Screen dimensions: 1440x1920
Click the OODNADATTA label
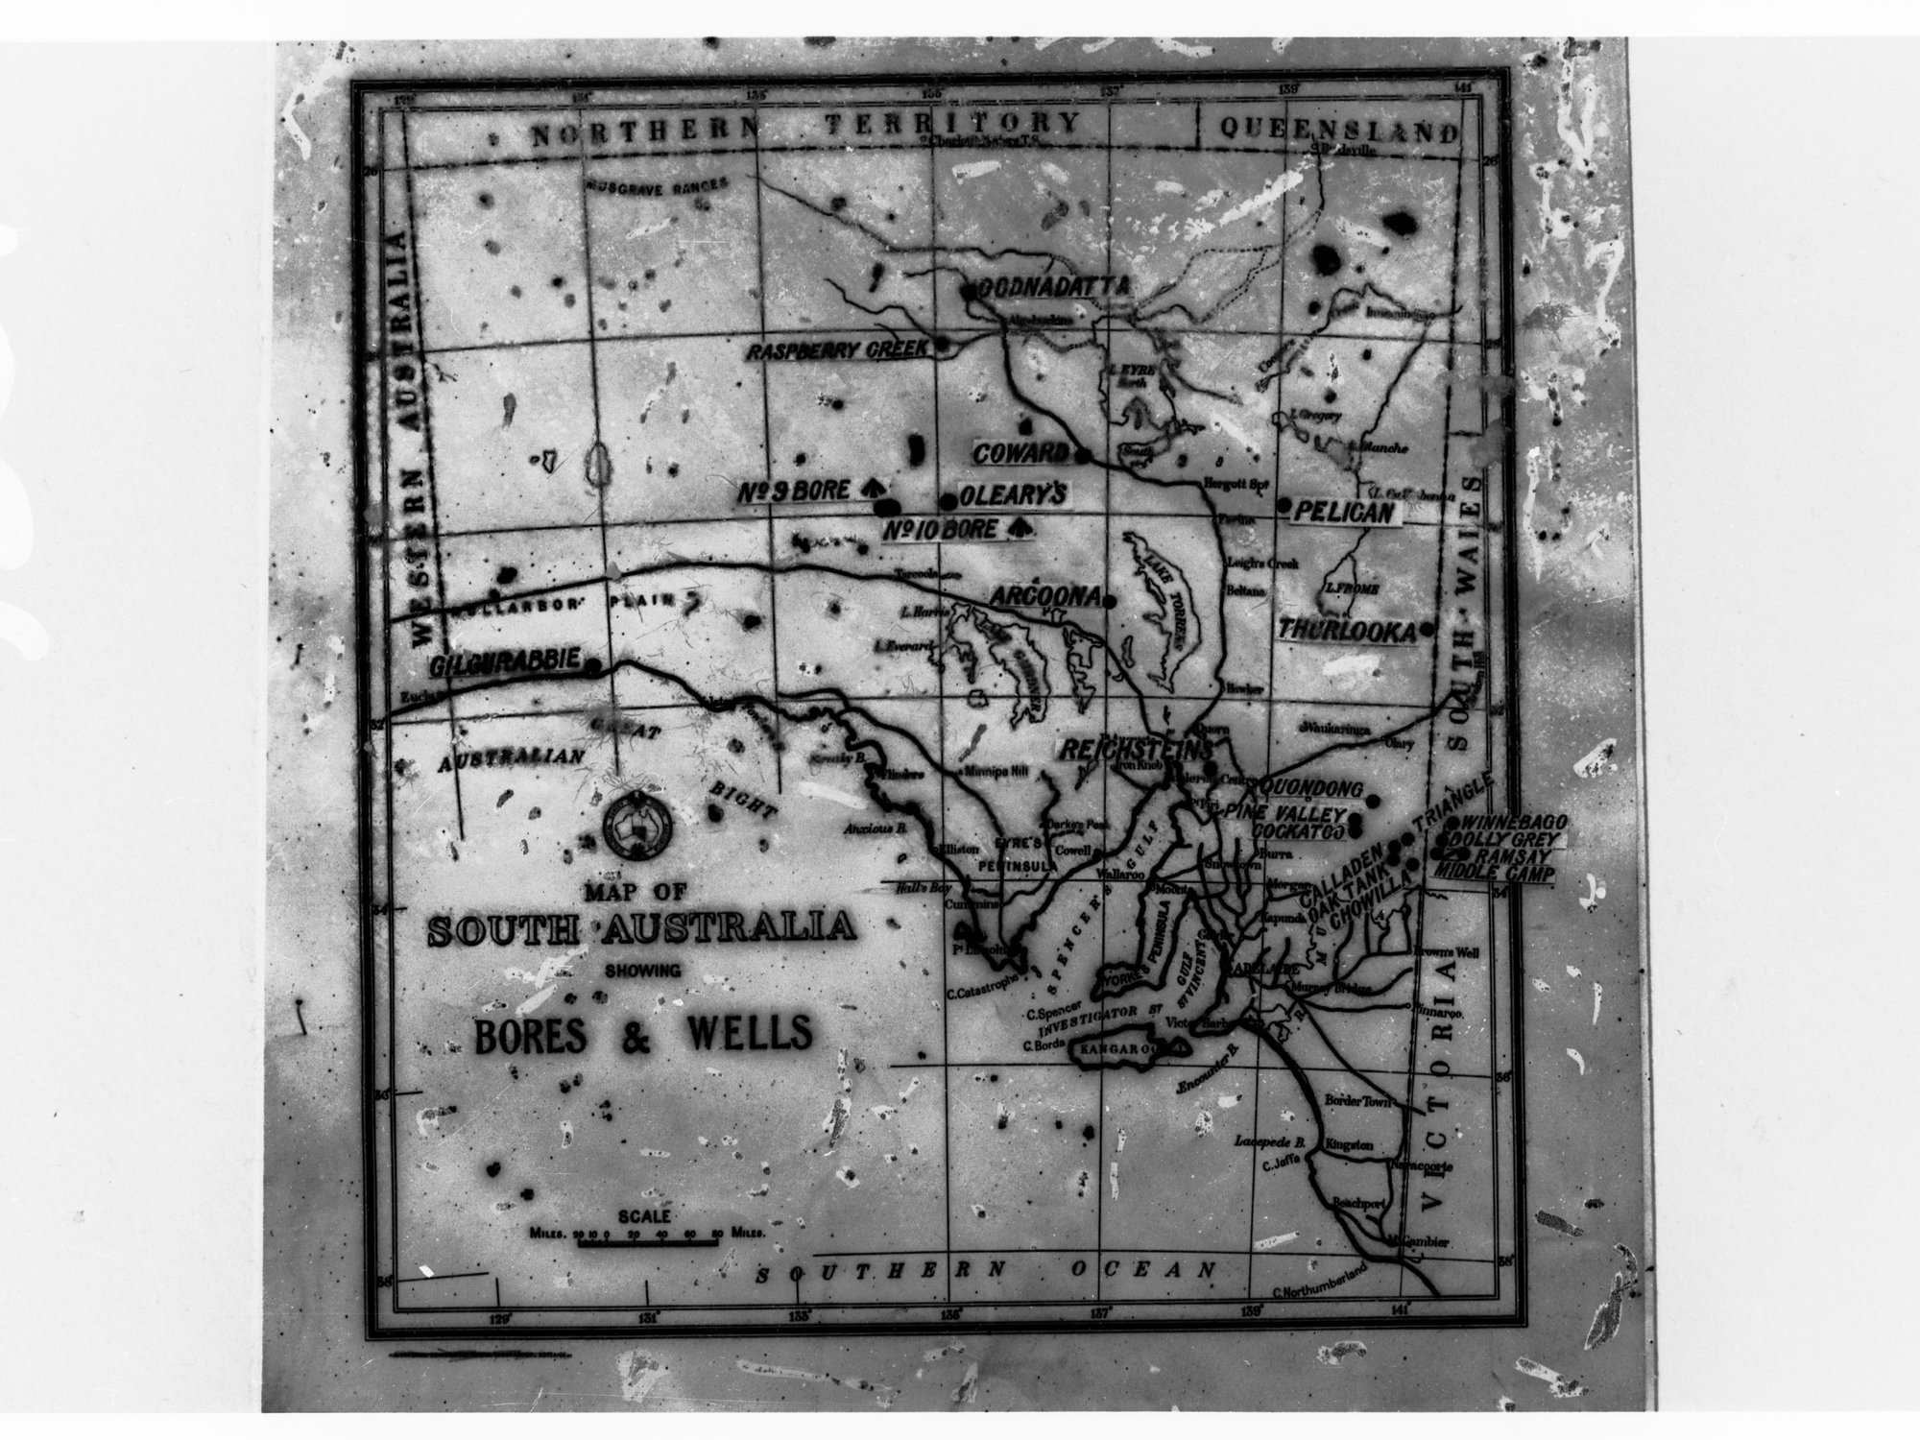1048,287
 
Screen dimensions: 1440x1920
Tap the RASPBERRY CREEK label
839,349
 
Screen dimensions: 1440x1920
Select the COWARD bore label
1020,453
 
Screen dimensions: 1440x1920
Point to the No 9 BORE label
794,492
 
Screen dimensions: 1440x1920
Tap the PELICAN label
1342,513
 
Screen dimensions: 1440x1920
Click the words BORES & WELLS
643,1033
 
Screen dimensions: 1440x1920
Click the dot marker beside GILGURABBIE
593,664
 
